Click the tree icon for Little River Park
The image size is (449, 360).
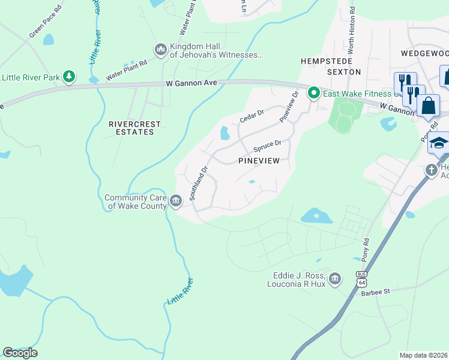[70, 76]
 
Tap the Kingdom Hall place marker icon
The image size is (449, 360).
[160, 49]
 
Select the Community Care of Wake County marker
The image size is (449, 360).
[175, 200]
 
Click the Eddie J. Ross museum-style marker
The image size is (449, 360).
[335, 278]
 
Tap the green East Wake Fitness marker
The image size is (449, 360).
[313, 93]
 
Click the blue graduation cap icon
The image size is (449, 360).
[439, 143]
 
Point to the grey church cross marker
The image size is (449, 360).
[432, 170]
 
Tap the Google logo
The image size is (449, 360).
[20, 353]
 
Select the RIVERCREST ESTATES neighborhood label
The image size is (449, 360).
[135, 128]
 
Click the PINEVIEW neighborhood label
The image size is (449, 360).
[260, 161]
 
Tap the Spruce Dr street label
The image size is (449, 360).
[267, 146]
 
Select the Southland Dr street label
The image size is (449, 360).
[198, 183]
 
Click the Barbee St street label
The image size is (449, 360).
[375, 292]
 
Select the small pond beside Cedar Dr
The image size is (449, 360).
[225, 133]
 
